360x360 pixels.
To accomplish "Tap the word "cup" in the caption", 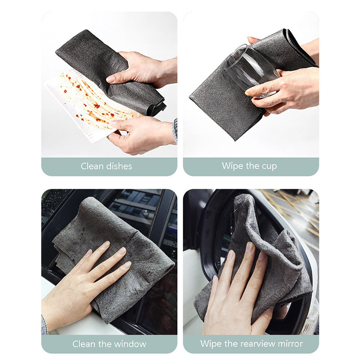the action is point(269,166).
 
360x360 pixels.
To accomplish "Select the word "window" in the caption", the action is point(130,344).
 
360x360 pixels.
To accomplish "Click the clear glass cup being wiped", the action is point(251,70).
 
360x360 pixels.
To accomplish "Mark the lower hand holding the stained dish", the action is point(140,135).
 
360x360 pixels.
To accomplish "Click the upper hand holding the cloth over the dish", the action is point(144,69).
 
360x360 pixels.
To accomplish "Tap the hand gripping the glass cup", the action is point(285,90).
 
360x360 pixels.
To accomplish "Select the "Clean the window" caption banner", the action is point(109,344).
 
